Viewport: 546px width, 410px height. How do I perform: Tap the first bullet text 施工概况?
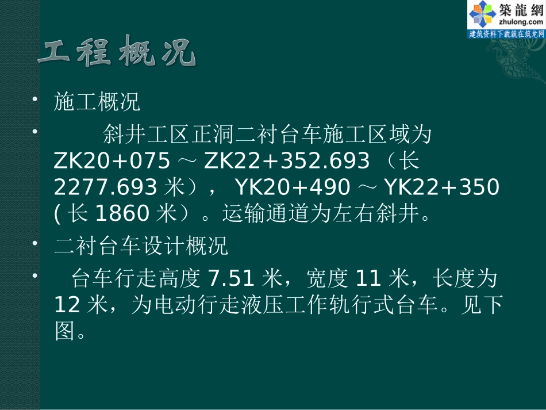coord(97,104)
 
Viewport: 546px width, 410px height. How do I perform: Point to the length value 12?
coord(68,305)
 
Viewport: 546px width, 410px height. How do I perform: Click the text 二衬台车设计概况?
coord(141,247)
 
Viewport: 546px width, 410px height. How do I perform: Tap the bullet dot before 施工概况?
coord(36,101)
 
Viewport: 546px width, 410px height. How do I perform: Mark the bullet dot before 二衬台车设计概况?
coord(36,244)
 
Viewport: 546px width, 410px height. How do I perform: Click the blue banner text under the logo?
coord(506,35)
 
